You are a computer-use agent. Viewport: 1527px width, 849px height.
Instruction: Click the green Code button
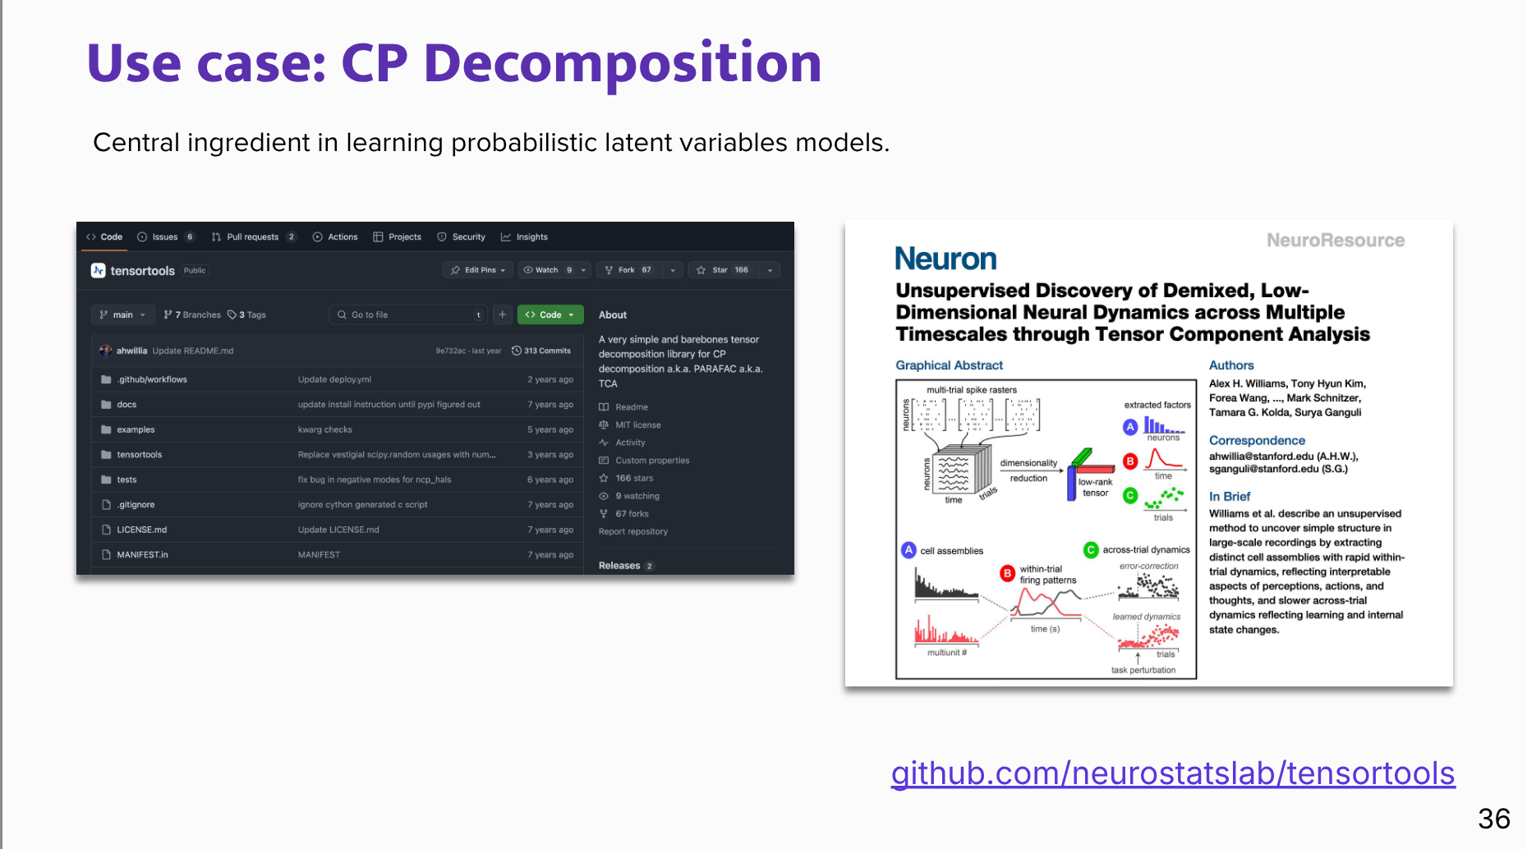pos(550,314)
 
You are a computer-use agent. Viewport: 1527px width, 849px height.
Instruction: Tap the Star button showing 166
pos(729,270)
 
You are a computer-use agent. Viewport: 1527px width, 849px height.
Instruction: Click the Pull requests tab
pos(252,237)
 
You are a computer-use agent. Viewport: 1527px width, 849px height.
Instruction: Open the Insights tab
pos(531,237)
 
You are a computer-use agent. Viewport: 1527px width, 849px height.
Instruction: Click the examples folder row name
pos(136,429)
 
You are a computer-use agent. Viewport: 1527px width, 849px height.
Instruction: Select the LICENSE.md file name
pos(141,530)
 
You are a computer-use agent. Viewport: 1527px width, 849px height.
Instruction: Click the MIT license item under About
pos(637,424)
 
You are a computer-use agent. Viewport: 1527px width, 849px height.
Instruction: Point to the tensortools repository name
pos(142,271)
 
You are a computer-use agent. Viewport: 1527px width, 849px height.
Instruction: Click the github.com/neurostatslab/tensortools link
pos(1172,773)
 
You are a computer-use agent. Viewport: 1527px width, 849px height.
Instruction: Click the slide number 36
pos(1493,819)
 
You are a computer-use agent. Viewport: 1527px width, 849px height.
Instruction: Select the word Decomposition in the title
pos(622,63)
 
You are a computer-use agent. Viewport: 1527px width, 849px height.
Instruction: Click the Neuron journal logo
pos(945,259)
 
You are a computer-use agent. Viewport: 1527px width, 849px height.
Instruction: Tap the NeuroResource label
pos(1335,241)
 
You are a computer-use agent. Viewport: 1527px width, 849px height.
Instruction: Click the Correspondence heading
pos(1257,441)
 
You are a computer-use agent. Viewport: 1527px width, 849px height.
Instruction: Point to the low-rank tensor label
pos(1095,488)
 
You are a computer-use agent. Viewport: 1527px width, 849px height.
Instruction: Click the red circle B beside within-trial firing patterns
pos(1007,573)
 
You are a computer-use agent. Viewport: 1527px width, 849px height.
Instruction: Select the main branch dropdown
pos(123,314)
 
